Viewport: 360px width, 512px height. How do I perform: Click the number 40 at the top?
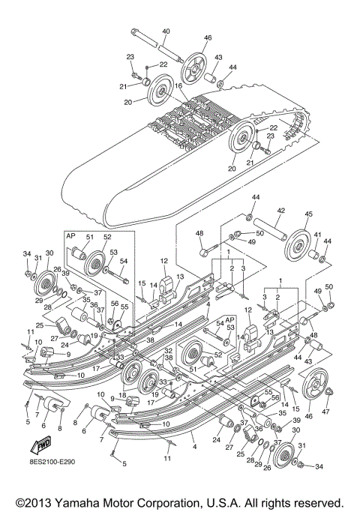tap(166, 31)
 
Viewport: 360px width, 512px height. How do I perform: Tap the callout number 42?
tap(282, 212)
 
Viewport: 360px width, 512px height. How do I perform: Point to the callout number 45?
tap(308, 213)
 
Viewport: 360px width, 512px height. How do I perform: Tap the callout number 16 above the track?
tap(179, 87)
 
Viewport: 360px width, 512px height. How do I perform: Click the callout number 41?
tap(318, 235)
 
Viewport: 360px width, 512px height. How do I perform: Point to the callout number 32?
tap(169, 350)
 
